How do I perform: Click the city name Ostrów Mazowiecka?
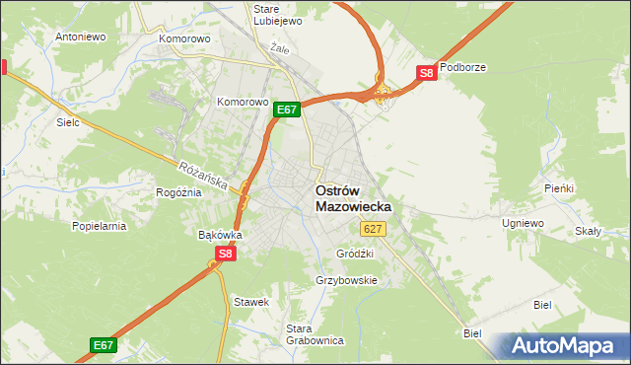(x=353, y=198)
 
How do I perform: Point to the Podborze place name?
(x=463, y=67)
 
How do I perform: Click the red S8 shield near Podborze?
(x=425, y=73)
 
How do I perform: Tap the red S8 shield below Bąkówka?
(x=226, y=254)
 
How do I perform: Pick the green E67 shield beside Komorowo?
(x=286, y=109)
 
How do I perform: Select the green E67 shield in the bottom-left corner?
(x=104, y=344)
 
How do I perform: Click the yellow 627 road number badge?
(x=372, y=229)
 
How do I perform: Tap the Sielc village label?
(x=68, y=123)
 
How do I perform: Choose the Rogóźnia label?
(x=178, y=192)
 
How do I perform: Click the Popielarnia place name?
(x=99, y=226)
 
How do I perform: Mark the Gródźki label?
(x=355, y=254)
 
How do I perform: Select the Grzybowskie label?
(x=346, y=280)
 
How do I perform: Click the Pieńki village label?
(x=558, y=187)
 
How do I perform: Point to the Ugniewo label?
(x=523, y=224)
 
